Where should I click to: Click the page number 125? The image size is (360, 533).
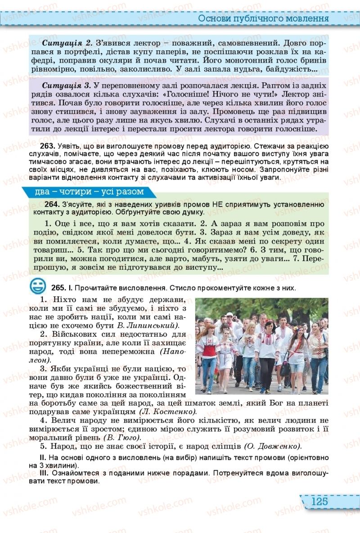coord(319,501)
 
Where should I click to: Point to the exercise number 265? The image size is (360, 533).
coord(58,288)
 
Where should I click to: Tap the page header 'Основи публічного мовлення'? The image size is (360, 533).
coord(263,19)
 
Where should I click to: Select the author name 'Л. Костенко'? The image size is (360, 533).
coord(168,411)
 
